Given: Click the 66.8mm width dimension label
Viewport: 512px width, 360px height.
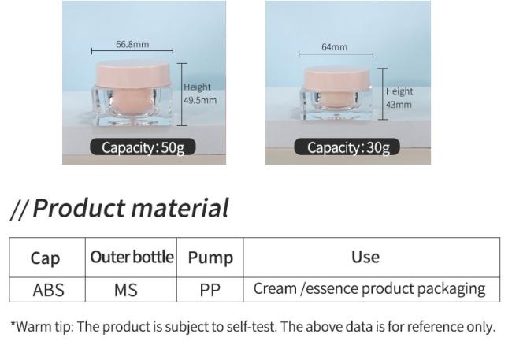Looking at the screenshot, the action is [x=132, y=44].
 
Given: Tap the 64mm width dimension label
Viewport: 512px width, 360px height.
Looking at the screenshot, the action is [x=334, y=47].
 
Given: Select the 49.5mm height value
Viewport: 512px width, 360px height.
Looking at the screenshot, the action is [x=200, y=100].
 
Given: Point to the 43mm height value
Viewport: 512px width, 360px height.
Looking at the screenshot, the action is [x=399, y=105].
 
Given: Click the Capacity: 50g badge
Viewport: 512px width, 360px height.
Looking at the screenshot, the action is [x=143, y=147].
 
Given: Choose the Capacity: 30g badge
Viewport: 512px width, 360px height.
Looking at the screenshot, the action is [x=347, y=147].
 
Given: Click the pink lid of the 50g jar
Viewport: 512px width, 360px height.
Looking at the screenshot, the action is [x=134, y=75].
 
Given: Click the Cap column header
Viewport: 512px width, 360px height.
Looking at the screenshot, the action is [x=45, y=258].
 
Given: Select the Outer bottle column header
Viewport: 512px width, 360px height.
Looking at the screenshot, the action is [x=132, y=257].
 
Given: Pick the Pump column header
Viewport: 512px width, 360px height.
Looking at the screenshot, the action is [x=210, y=258].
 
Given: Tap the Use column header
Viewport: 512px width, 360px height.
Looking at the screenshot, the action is [x=365, y=257].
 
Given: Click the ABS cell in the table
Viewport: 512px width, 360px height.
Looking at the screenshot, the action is [x=48, y=290].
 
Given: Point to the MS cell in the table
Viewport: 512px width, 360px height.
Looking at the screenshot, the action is [x=126, y=290].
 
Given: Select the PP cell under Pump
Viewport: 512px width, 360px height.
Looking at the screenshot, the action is [x=210, y=290].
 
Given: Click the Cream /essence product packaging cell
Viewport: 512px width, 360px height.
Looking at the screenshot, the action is [x=369, y=289].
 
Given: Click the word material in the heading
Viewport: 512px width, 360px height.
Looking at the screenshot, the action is [x=180, y=208].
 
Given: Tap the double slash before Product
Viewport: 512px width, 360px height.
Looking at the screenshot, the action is [x=19, y=209].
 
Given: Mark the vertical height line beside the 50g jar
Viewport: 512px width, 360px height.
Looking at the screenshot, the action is [x=182, y=94].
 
